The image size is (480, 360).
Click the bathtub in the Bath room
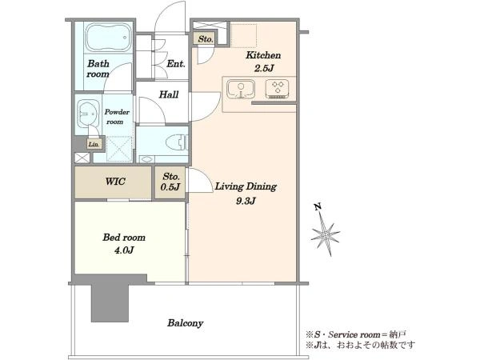click(108, 38)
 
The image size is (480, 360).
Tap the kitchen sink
click(241, 90)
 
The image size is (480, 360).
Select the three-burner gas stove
click(278, 89)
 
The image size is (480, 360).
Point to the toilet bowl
click(177, 142)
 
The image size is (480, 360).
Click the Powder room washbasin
click(88, 114)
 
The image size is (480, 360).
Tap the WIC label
click(115, 182)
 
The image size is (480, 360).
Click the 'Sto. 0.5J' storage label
click(170, 182)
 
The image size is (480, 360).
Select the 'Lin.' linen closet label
click(94, 144)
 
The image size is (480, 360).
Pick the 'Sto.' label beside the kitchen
click(206, 39)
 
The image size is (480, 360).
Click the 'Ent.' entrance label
click(176, 64)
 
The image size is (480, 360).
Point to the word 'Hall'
click(169, 94)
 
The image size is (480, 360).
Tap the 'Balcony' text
click(186, 323)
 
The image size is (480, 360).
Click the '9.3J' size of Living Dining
click(246, 201)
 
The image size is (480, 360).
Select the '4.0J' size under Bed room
click(124, 250)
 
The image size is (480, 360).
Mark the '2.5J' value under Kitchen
click(263, 68)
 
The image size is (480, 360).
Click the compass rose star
click(326, 234)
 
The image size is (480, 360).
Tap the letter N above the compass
click(318, 207)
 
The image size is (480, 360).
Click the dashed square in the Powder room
click(119, 149)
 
